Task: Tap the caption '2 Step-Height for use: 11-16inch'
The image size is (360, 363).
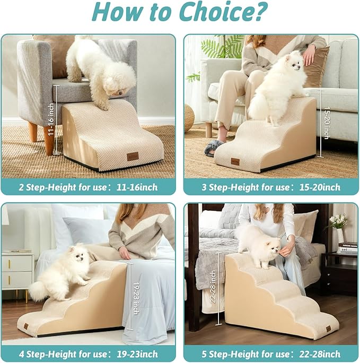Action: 88,187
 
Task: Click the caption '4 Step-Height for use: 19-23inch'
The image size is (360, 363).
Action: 88,353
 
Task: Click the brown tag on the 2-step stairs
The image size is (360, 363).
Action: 133,157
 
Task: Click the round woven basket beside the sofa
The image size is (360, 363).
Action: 189,118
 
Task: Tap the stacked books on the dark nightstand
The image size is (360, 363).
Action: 347,247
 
